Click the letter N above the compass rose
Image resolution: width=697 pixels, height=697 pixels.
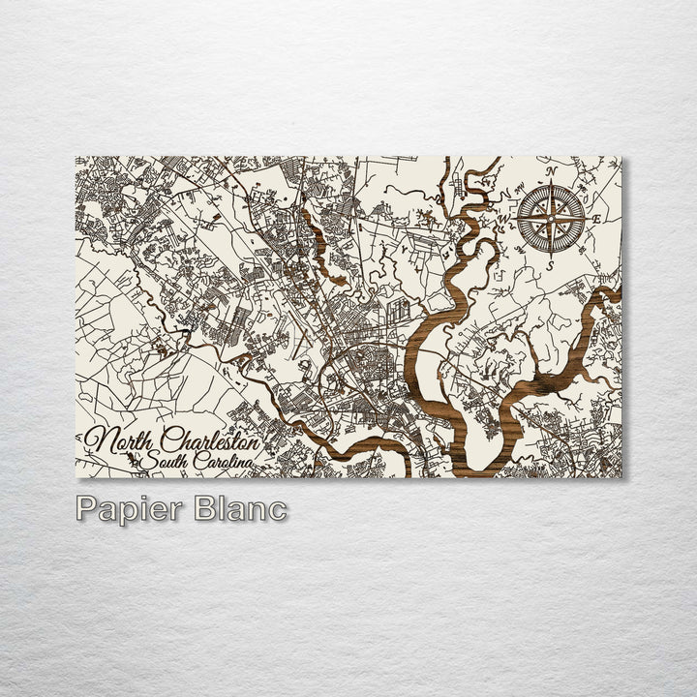551,172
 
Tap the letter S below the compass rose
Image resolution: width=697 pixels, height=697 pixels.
548,263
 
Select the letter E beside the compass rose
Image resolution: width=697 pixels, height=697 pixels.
595,220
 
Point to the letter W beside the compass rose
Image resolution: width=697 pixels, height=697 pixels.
504,218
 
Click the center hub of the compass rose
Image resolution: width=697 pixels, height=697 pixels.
550,218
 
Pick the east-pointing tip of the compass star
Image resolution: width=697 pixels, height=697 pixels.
585,218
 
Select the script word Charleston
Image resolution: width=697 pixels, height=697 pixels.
211,441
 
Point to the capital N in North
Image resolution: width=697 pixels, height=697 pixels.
98,441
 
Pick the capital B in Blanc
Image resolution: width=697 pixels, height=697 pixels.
204,509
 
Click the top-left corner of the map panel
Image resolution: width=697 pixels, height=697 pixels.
76,157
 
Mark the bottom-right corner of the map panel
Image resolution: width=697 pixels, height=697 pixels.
621,477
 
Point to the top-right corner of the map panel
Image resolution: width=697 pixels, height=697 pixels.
621,157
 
